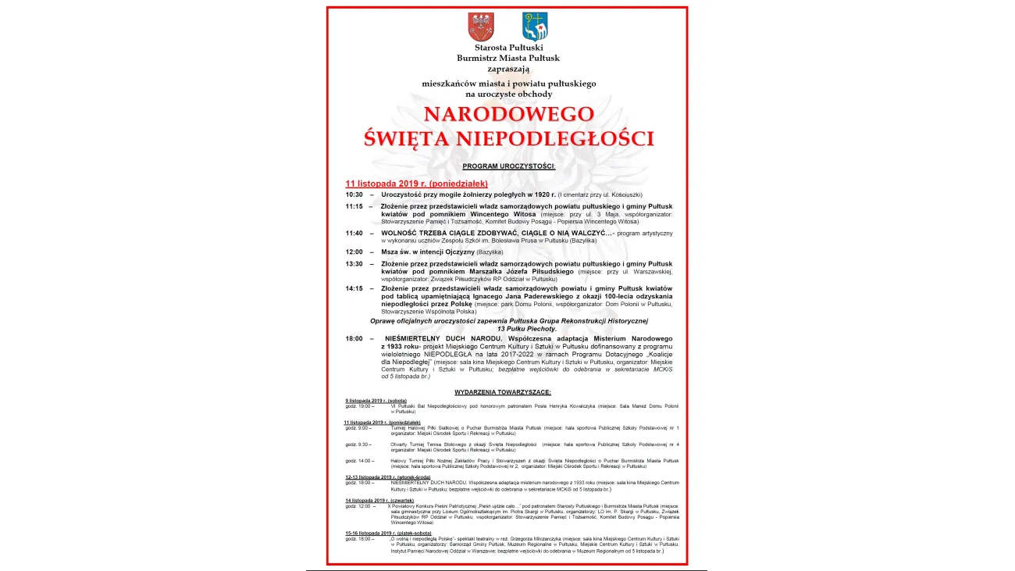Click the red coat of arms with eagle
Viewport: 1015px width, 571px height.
point(480,27)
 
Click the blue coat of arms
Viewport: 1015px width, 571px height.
point(535,27)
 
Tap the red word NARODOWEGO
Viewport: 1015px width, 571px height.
point(508,114)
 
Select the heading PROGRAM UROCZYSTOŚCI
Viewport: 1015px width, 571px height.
point(508,166)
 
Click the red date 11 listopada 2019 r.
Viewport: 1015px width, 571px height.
point(398,183)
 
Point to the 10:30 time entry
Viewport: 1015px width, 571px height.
point(354,194)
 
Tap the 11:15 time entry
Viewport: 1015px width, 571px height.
point(354,206)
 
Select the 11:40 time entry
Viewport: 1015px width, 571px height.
point(354,233)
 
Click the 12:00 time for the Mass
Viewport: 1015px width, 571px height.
point(354,252)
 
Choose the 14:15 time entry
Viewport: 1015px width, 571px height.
point(354,288)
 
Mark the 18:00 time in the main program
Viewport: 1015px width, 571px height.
point(354,338)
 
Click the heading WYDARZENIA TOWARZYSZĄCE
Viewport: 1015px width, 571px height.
point(503,391)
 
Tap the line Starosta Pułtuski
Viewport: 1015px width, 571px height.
point(508,48)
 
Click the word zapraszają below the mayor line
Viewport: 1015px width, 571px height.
point(508,68)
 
